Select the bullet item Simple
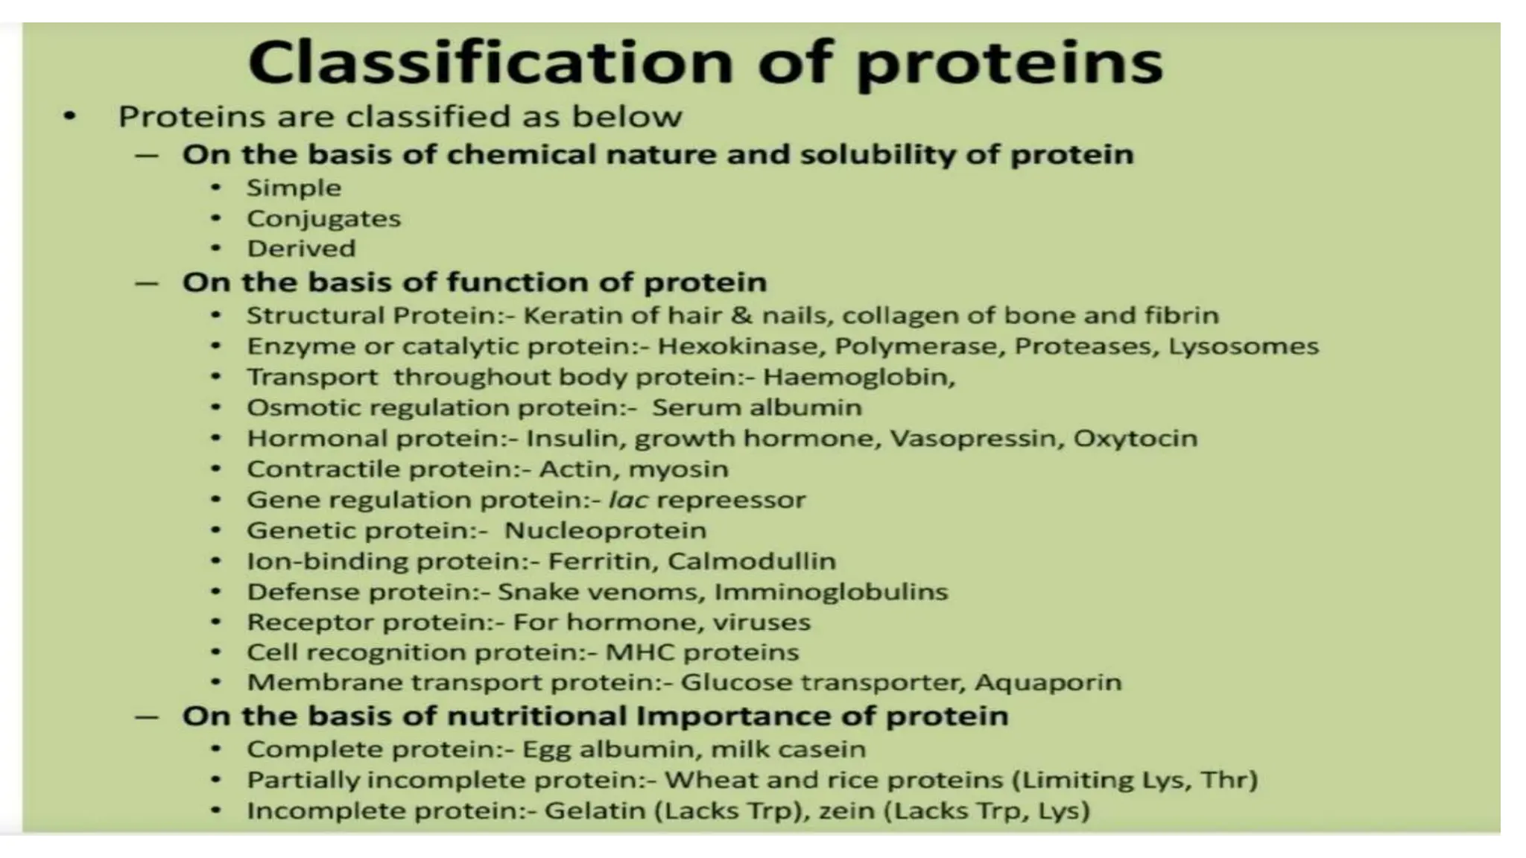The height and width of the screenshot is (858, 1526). tap(294, 188)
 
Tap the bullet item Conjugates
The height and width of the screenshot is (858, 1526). tap(323, 219)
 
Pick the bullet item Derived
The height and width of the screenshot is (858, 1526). tap(301, 249)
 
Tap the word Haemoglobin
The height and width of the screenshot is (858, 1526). tap(858, 377)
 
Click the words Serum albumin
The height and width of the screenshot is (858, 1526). tap(756, 407)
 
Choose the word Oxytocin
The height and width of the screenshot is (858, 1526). tap(1135, 438)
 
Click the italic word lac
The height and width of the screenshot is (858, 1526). tap(627, 500)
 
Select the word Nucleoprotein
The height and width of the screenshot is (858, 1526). tap(605, 530)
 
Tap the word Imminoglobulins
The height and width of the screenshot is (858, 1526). tap(831, 592)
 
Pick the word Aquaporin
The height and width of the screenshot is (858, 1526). tap(1048, 682)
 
